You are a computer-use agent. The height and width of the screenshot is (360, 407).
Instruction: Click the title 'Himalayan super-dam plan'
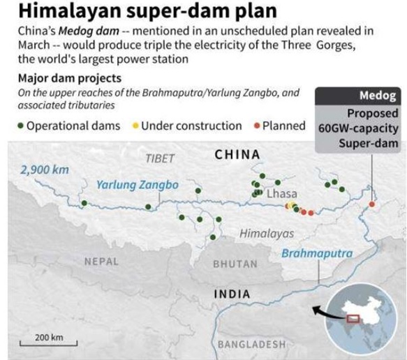point(126,13)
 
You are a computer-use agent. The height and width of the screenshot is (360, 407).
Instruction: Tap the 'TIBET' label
point(160,158)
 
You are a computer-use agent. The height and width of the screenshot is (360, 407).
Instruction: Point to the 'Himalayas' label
point(267,234)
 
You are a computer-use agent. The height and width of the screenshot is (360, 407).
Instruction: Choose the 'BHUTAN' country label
point(235,264)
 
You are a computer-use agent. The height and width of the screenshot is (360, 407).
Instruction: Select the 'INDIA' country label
point(232,294)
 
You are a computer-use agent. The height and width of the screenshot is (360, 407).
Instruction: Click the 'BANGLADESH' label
point(251,345)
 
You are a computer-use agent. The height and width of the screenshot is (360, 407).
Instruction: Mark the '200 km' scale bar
point(48,340)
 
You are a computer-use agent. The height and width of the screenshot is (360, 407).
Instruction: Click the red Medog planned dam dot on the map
point(371,204)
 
